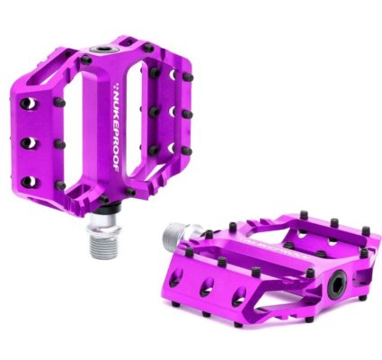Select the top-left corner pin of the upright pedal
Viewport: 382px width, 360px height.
(84, 60)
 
